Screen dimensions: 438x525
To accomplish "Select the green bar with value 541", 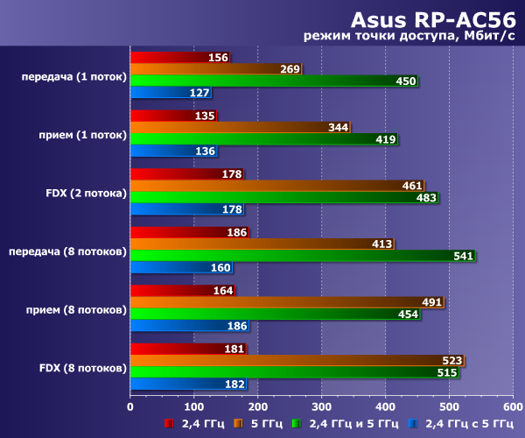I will (302, 256).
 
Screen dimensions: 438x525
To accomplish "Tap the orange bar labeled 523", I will (297, 360).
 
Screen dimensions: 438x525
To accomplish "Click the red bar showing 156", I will (179, 58).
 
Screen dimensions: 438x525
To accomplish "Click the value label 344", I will (338, 128).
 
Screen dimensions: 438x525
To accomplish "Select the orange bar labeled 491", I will (286, 302).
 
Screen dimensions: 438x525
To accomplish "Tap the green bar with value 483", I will (283, 198).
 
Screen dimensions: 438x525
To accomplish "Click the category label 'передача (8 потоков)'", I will (68, 251).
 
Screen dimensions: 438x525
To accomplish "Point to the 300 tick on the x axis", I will (321, 406).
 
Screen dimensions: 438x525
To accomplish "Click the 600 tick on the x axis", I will (513, 406).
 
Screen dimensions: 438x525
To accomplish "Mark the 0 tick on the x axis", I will (130, 406).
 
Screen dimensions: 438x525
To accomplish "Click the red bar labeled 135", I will (173, 116).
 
